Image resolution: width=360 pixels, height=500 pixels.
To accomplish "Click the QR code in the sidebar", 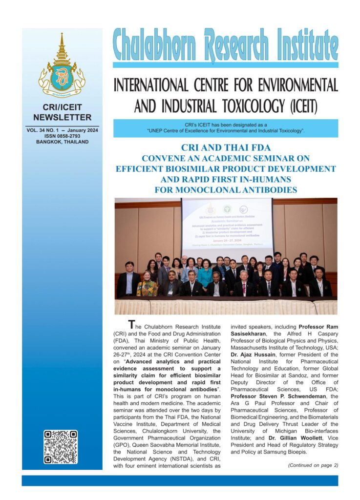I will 61,446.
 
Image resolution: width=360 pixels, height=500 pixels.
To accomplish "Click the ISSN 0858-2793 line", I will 62,136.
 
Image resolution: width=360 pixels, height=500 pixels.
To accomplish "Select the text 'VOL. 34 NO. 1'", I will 46,130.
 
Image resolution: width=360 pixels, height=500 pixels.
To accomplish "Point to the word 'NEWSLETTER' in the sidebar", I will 62,117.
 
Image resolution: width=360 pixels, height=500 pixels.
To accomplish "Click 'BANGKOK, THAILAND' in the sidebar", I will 62,142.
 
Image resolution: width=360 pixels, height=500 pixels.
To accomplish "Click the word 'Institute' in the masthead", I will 298,45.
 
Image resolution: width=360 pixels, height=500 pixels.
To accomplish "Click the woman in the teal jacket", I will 205,276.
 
